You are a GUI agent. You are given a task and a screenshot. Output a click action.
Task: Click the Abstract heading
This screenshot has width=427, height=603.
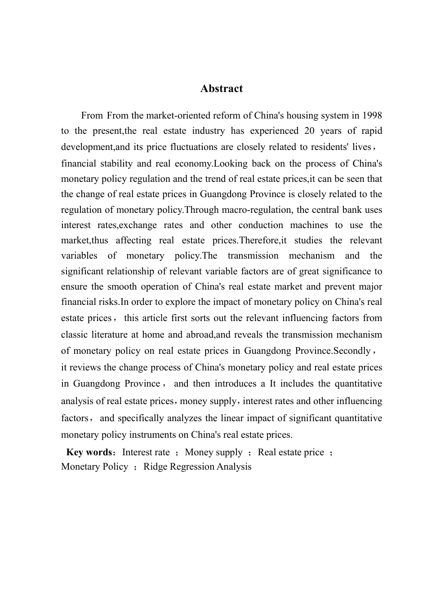tap(221, 88)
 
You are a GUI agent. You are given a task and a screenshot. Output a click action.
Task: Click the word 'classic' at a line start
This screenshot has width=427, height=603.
tap(75, 335)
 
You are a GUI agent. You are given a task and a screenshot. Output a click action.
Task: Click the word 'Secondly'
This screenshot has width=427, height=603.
tap(351, 351)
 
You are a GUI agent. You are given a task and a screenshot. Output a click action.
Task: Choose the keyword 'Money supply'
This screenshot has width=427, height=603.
tap(213, 452)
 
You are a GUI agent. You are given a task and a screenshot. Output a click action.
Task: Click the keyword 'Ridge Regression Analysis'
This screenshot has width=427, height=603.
tap(197, 467)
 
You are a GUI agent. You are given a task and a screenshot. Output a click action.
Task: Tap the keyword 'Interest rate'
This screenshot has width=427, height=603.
tap(146, 452)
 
